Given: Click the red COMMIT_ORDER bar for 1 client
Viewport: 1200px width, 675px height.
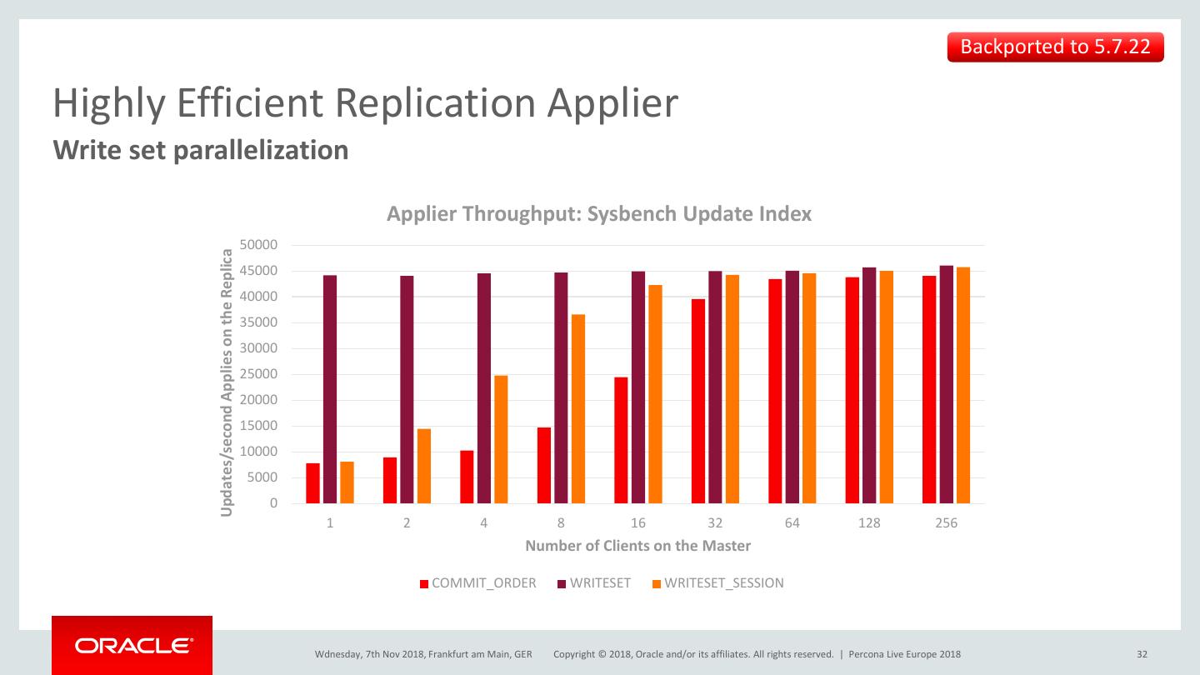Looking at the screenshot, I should click(312, 483).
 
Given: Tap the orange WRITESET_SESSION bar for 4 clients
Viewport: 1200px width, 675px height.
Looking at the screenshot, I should click(501, 439).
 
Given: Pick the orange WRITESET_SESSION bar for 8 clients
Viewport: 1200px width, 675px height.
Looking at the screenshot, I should click(578, 408).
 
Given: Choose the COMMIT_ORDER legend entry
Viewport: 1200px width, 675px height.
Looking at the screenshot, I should click(477, 583).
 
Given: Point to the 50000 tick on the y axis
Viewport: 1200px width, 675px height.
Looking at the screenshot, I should click(258, 246).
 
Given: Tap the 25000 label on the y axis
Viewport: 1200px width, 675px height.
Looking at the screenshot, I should click(258, 375).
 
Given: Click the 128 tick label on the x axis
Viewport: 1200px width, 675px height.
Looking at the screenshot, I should click(869, 523).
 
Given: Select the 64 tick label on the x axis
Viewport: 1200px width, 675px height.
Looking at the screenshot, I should click(792, 523).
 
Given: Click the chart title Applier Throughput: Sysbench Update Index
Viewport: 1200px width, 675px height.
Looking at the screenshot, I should click(599, 214).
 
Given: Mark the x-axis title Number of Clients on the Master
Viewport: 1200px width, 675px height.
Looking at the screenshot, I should click(637, 546).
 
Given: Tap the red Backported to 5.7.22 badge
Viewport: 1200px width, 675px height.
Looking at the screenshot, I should click(1055, 47).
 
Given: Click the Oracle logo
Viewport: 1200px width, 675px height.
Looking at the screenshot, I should click(132, 645).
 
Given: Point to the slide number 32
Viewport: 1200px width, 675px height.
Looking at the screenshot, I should click(1142, 654).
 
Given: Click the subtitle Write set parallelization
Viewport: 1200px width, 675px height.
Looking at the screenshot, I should click(201, 150).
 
